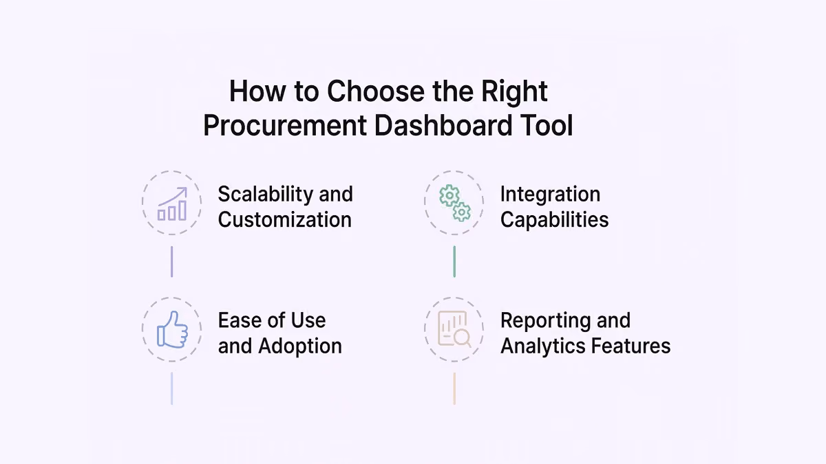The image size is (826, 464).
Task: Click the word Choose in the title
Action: click(376, 91)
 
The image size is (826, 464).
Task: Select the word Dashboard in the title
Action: click(443, 125)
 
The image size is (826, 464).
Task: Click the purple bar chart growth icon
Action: click(172, 203)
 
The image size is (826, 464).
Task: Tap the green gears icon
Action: click(455, 203)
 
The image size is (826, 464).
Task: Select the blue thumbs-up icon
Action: click(172, 329)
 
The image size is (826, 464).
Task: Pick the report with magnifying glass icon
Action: click(454, 329)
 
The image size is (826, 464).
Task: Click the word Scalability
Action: click(265, 194)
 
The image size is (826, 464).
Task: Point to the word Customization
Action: click(285, 219)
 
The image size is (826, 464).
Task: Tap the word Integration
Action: click(550, 194)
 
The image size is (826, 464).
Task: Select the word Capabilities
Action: click(554, 220)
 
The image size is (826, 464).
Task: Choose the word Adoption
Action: click(300, 346)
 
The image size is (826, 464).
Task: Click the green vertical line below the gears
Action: click(454, 261)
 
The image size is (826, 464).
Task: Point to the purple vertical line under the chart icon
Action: click(172, 261)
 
